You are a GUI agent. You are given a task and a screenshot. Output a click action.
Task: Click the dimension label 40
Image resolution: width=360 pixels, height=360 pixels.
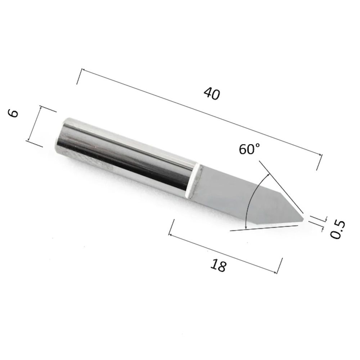tap(212, 93)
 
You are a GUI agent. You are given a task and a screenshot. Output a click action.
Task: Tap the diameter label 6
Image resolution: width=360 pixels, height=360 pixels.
tap(13, 113)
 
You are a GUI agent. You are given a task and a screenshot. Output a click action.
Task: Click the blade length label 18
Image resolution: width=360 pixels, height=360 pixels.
tap(218, 265)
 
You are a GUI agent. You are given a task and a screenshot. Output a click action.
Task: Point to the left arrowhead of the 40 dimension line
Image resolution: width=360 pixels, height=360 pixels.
tap(83, 70)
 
